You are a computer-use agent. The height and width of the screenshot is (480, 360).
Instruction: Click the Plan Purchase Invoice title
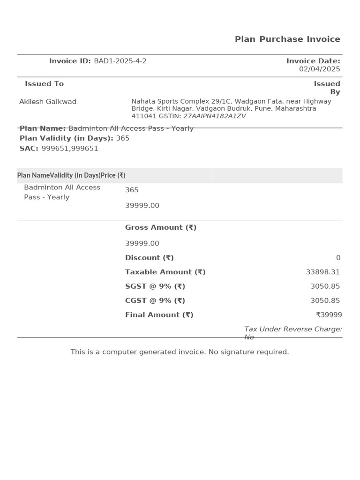(x=287, y=39)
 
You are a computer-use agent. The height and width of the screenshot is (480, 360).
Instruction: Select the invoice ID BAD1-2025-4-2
(x=120, y=61)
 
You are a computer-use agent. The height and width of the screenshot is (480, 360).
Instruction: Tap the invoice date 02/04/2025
(x=319, y=69)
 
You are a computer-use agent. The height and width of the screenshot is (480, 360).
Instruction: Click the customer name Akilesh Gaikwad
(x=48, y=102)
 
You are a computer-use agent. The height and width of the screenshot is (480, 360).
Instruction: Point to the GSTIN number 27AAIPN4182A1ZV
(x=214, y=116)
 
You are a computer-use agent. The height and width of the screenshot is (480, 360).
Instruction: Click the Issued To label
(x=44, y=84)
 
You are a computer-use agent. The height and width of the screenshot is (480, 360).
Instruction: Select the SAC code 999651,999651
(x=70, y=149)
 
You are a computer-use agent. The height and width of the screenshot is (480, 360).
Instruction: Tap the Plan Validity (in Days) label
(x=66, y=138)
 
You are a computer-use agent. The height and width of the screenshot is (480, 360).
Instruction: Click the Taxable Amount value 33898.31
(x=322, y=272)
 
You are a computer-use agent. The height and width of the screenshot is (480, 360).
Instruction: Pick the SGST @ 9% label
(x=155, y=286)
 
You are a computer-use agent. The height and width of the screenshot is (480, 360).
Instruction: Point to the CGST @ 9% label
(x=155, y=300)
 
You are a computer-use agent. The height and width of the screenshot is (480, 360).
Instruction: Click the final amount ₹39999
(x=329, y=315)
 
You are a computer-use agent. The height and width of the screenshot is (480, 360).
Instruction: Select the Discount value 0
(x=338, y=258)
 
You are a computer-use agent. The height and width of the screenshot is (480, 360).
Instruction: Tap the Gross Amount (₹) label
(x=160, y=227)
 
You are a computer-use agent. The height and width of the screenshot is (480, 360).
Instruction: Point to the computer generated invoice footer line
(x=180, y=352)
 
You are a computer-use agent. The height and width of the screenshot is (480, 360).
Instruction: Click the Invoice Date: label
(x=313, y=61)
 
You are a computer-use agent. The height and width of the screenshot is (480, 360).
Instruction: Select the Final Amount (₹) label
(x=159, y=315)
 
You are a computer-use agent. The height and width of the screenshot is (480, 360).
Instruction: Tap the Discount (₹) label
(x=149, y=258)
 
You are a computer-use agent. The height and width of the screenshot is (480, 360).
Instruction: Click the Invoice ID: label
(x=70, y=61)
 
